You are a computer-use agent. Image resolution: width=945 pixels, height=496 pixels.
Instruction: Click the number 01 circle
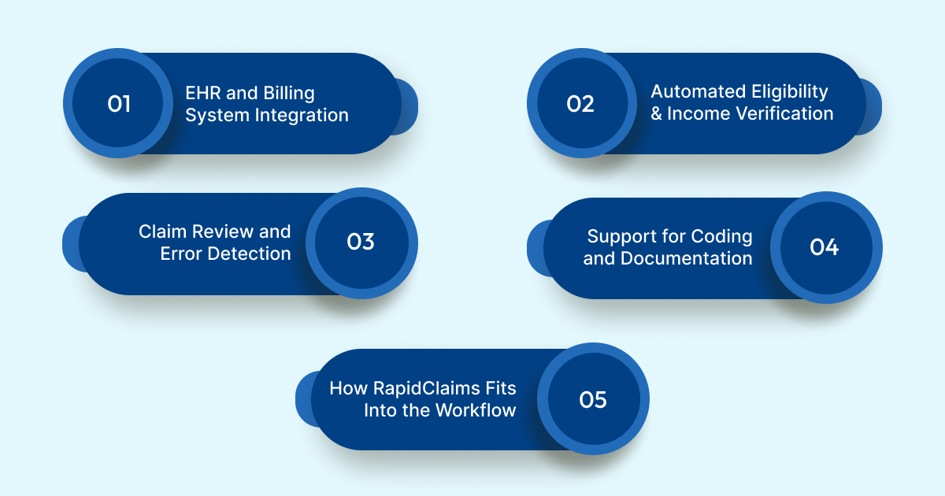[118, 104]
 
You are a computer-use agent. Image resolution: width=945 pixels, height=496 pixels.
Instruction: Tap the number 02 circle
[580, 104]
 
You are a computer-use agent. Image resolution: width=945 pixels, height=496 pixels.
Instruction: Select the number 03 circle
[361, 242]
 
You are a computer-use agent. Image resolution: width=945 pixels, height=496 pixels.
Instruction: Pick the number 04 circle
[824, 247]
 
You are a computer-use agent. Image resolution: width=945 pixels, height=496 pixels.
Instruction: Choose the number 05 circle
[593, 399]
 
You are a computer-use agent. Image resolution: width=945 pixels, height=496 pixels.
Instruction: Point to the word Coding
[721, 236]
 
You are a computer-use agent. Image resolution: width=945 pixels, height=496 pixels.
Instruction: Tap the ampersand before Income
[657, 113]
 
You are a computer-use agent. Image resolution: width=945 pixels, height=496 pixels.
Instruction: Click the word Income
[697, 113]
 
